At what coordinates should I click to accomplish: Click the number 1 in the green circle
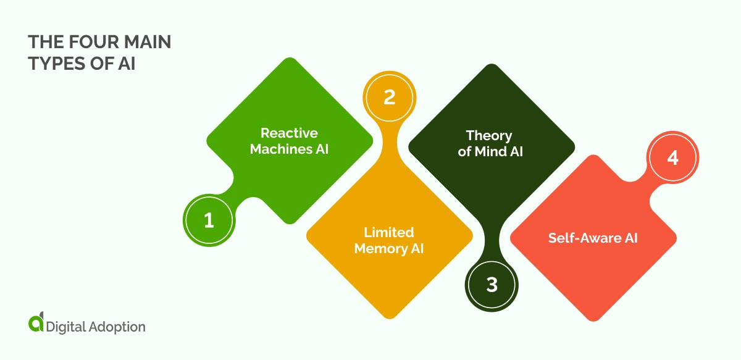(x=209, y=220)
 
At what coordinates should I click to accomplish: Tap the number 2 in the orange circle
(x=390, y=98)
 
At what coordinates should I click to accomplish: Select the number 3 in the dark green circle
(x=492, y=285)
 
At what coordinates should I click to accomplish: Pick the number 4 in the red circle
(x=673, y=158)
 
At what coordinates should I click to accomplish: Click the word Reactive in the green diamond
(x=289, y=133)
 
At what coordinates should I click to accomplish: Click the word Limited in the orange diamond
(x=389, y=232)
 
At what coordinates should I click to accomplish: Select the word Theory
(x=489, y=136)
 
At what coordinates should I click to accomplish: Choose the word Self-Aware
(x=584, y=238)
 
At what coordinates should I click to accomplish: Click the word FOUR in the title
(x=94, y=43)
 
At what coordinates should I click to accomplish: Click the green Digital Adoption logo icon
(x=36, y=322)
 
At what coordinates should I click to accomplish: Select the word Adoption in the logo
(x=117, y=327)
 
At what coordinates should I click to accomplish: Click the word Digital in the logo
(x=66, y=327)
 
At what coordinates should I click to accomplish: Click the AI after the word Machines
(x=322, y=149)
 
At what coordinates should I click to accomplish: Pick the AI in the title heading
(x=127, y=64)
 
